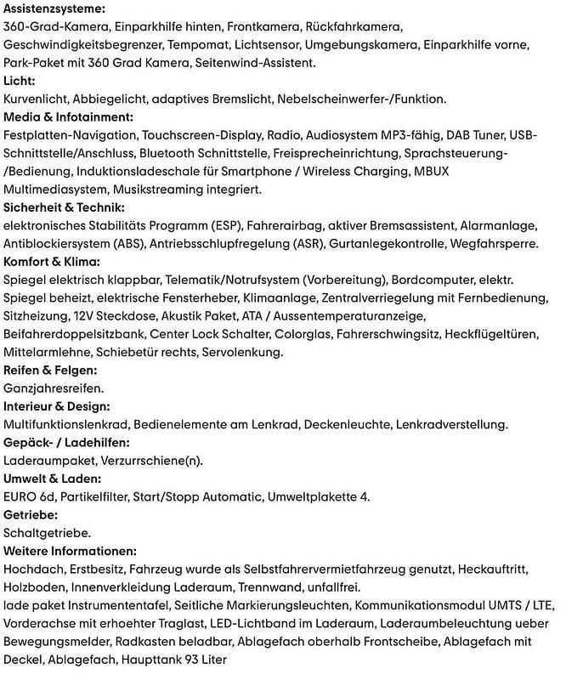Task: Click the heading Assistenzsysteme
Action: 55,9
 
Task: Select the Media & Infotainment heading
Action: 69,117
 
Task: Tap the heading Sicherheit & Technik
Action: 65,207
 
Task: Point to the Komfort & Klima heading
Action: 52,262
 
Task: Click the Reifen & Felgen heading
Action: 50,371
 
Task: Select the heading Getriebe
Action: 31,515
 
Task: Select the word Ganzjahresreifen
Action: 54,388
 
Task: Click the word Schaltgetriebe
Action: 47,533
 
